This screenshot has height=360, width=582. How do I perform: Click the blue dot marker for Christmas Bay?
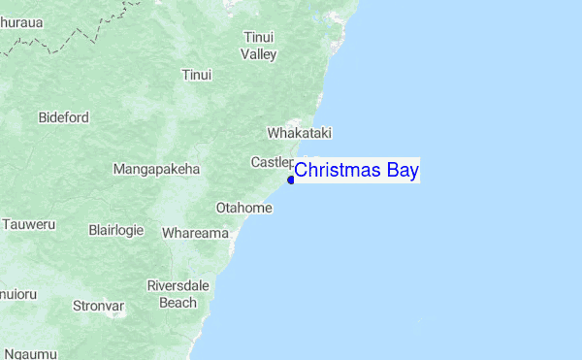coord(291,180)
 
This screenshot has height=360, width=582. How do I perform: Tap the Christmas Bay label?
coord(356,172)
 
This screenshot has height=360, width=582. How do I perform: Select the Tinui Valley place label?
coord(259,46)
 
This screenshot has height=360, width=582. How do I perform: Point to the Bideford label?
coord(64,117)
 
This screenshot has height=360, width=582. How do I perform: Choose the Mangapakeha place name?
coord(156,169)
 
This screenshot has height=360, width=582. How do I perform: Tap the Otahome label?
coord(243,208)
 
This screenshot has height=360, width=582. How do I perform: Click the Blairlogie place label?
coord(115,230)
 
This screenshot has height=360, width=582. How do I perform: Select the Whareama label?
coord(195,233)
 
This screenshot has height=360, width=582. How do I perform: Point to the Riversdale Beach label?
coord(178,294)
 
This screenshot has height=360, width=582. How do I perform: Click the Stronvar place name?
coord(99,307)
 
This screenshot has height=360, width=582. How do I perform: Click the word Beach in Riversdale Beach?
coord(178,303)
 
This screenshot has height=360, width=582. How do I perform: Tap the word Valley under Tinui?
coord(259,54)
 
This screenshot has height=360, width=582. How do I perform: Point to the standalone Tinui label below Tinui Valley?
coord(196,75)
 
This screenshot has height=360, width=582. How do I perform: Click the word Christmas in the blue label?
coord(339,172)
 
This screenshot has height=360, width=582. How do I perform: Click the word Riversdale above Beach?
coord(178,285)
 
